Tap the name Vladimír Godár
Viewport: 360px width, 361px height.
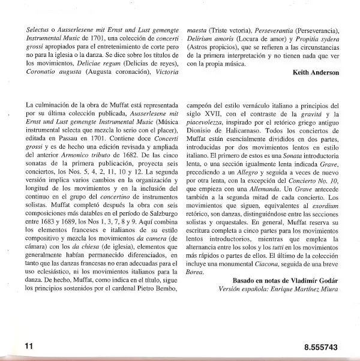pos(312,281)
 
